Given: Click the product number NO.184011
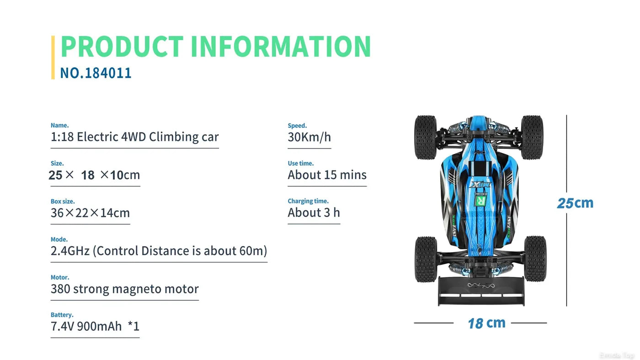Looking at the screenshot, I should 96,73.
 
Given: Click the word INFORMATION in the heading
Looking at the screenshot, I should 280,46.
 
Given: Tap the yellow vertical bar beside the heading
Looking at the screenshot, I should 53,57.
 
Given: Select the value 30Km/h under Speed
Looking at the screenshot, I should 309,137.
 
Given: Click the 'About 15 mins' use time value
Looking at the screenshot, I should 327,175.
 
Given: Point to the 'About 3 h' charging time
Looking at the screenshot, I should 314,213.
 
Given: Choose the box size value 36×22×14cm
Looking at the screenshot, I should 90,213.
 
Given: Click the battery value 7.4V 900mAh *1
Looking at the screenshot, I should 95,326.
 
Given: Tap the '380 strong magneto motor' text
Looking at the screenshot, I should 124,289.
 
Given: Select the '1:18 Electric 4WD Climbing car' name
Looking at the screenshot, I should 134,137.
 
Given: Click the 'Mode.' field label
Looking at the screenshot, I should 59,239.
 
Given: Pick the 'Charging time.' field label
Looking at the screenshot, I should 308,201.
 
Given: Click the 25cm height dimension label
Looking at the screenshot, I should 575,203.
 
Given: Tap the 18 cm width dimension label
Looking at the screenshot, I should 486,323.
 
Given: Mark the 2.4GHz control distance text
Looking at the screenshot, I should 159,251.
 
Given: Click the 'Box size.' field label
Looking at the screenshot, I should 63,201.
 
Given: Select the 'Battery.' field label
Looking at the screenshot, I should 62,315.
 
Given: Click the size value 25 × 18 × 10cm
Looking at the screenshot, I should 94,175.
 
